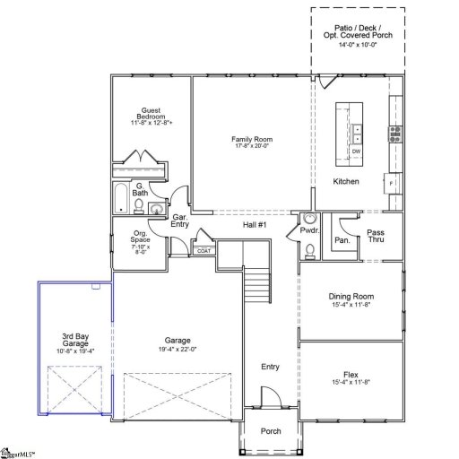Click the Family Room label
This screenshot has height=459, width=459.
click(x=252, y=140)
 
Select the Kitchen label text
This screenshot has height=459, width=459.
click(x=346, y=182)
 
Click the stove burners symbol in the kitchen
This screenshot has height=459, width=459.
click(x=394, y=134)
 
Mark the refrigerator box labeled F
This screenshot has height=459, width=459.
click(x=392, y=182)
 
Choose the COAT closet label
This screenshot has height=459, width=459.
click(x=204, y=251)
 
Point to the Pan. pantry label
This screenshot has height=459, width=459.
click(x=342, y=240)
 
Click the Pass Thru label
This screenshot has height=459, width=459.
click(x=376, y=237)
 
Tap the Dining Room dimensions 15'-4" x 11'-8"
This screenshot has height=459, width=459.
click(x=351, y=306)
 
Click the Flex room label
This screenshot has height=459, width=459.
click(x=351, y=375)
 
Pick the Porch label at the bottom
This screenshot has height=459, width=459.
click(x=271, y=431)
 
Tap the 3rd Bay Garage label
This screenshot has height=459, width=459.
click(x=74, y=342)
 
